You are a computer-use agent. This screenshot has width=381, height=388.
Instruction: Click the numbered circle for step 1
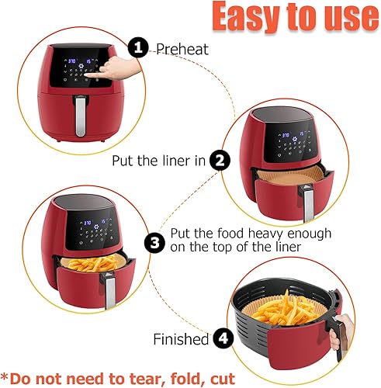[138, 49]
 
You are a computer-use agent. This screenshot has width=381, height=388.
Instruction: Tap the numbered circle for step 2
[221, 161]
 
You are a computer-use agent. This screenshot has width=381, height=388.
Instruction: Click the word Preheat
[182, 49]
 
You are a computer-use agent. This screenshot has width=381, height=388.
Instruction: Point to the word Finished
[182, 339]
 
